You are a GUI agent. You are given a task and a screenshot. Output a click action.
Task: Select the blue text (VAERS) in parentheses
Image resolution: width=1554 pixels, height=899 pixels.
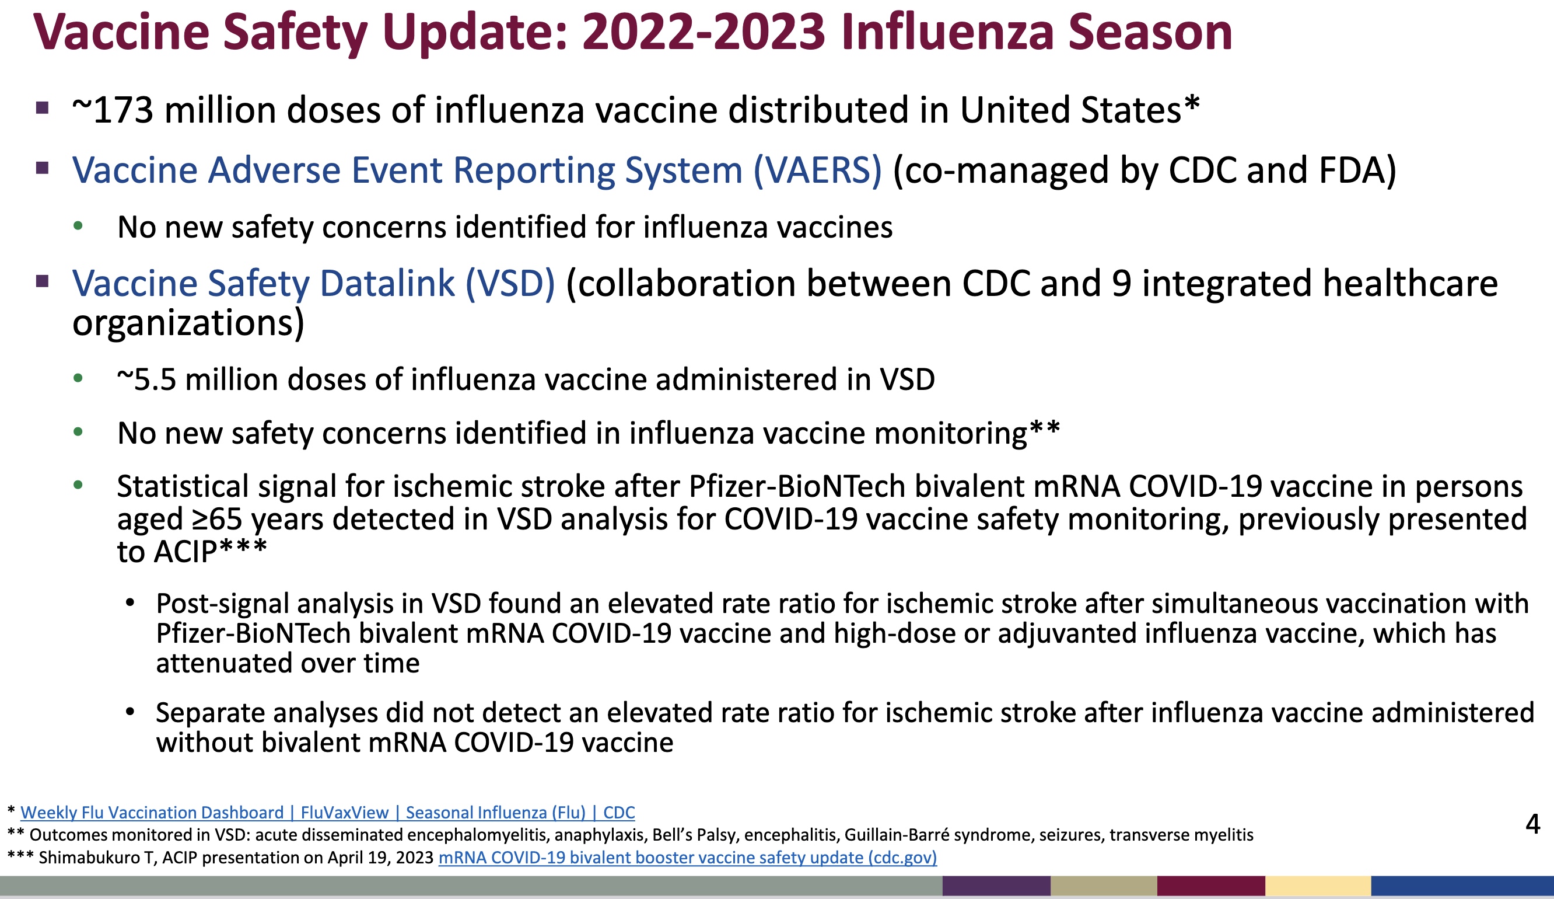pos(818,170)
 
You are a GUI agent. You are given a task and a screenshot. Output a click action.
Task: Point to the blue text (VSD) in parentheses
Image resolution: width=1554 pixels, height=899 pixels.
pos(510,284)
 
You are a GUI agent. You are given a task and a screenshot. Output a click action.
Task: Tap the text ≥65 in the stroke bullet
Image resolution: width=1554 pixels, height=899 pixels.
pos(216,519)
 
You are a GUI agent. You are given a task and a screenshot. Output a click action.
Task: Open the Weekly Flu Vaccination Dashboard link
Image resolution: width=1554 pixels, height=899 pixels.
pos(327,813)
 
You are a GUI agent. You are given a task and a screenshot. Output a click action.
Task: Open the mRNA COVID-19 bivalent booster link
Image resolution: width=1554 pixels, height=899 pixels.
pos(688,858)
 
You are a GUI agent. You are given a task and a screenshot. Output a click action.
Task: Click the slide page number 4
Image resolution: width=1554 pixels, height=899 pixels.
pos(1532,824)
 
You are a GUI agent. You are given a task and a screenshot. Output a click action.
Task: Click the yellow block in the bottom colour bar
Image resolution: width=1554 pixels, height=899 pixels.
pos(1318,886)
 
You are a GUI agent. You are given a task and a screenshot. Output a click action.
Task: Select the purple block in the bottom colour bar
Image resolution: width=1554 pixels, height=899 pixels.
pos(996,886)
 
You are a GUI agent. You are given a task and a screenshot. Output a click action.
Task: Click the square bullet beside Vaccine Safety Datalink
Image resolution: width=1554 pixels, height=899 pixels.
pos(43,282)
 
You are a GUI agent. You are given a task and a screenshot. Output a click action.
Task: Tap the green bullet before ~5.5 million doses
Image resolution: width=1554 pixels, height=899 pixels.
pos(78,378)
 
